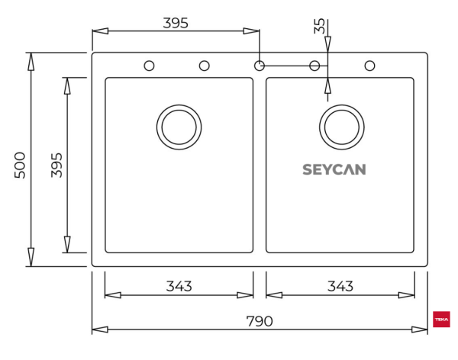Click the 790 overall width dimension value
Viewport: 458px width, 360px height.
[260, 321]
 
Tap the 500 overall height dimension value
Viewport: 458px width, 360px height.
[20, 165]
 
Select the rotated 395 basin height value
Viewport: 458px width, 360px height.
[56, 165]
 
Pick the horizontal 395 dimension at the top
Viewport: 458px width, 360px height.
[176, 23]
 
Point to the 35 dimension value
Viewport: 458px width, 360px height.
[320, 26]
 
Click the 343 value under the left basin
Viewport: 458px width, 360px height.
[179, 286]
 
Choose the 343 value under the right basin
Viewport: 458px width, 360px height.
[340, 286]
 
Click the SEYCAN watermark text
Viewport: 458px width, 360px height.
[334, 169]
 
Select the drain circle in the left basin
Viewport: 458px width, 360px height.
[179, 127]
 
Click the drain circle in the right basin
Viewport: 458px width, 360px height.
[341, 127]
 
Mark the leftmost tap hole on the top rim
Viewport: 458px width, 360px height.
[150, 66]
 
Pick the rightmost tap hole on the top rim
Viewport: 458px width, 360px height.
[369, 66]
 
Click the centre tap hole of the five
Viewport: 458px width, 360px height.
[260, 66]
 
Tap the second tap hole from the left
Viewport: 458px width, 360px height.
[205, 66]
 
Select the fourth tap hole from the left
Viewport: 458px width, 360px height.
[314, 66]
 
